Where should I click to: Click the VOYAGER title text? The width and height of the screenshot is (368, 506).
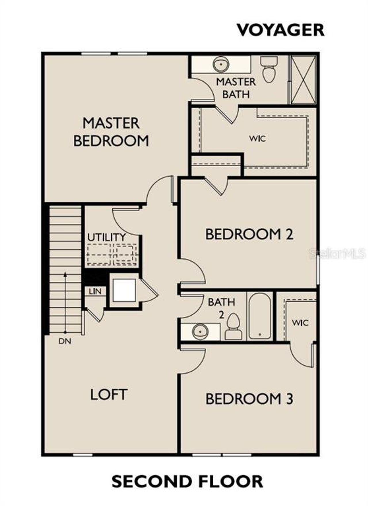coord(280,30)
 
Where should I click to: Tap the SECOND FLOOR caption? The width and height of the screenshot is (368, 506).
coord(187,481)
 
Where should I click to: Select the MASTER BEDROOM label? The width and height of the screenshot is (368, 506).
coord(111,132)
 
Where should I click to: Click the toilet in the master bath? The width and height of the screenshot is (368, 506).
coord(269,69)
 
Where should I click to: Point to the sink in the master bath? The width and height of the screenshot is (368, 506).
coord(221,65)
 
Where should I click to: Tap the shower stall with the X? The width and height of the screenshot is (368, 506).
coord(304,79)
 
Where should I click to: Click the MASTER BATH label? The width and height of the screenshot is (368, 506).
coord(236,88)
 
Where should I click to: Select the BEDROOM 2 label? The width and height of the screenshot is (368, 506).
coord(249,234)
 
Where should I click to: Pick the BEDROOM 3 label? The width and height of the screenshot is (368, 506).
coord(249,399)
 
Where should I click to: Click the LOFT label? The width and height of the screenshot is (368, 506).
coord(109,395)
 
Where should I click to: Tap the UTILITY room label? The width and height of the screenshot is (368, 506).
coord(106,237)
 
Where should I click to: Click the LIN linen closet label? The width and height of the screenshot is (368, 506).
coord(95,291)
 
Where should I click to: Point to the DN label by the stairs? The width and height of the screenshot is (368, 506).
coord(65,341)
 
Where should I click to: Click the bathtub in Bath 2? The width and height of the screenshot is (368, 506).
coord(260,316)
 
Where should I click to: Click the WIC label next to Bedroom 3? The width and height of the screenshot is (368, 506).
coord(300,323)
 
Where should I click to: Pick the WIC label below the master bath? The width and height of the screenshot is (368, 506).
coord(257,139)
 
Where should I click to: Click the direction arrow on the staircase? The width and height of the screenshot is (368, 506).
coord(66,302)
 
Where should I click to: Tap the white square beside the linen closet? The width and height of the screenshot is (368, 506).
coord(124,290)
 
